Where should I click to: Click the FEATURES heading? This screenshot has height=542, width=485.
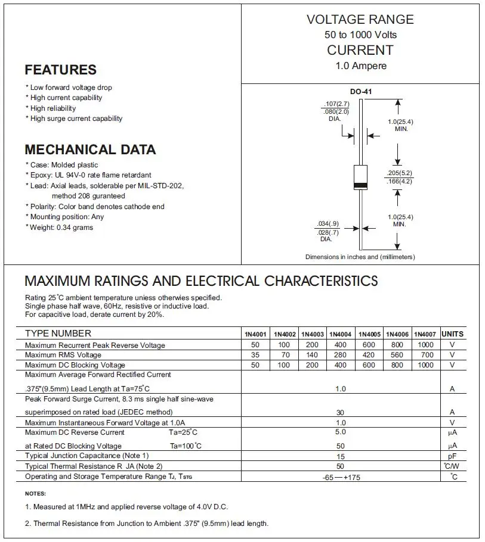(x=60, y=70)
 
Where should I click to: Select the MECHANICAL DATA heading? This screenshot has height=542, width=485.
(x=90, y=149)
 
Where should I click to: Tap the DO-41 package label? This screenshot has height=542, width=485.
(x=360, y=92)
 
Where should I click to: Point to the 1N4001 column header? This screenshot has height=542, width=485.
(x=255, y=334)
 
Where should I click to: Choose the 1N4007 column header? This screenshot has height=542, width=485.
(x=425, y=334)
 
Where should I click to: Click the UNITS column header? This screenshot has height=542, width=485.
(x=452, y=334)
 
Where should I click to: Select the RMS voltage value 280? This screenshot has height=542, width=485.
(x=340, y=355)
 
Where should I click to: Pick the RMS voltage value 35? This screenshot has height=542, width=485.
(x=255, y=355)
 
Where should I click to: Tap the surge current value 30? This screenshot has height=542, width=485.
(x=340, y=412)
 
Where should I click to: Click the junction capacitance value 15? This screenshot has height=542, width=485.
(x=340, y=456)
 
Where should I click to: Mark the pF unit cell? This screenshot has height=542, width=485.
(x=452, y=456)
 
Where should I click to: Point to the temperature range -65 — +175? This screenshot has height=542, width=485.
(x=340, y=477)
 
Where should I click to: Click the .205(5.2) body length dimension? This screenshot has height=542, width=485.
(x=399, y=173)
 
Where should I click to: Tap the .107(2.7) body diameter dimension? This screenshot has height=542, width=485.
(x=336, y=104)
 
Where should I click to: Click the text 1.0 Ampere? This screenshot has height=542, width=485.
(x=360, y=66)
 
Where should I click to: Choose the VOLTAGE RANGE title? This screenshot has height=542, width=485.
(x=360, y=20)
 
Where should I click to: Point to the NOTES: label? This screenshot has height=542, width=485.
(x=35, y=494)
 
